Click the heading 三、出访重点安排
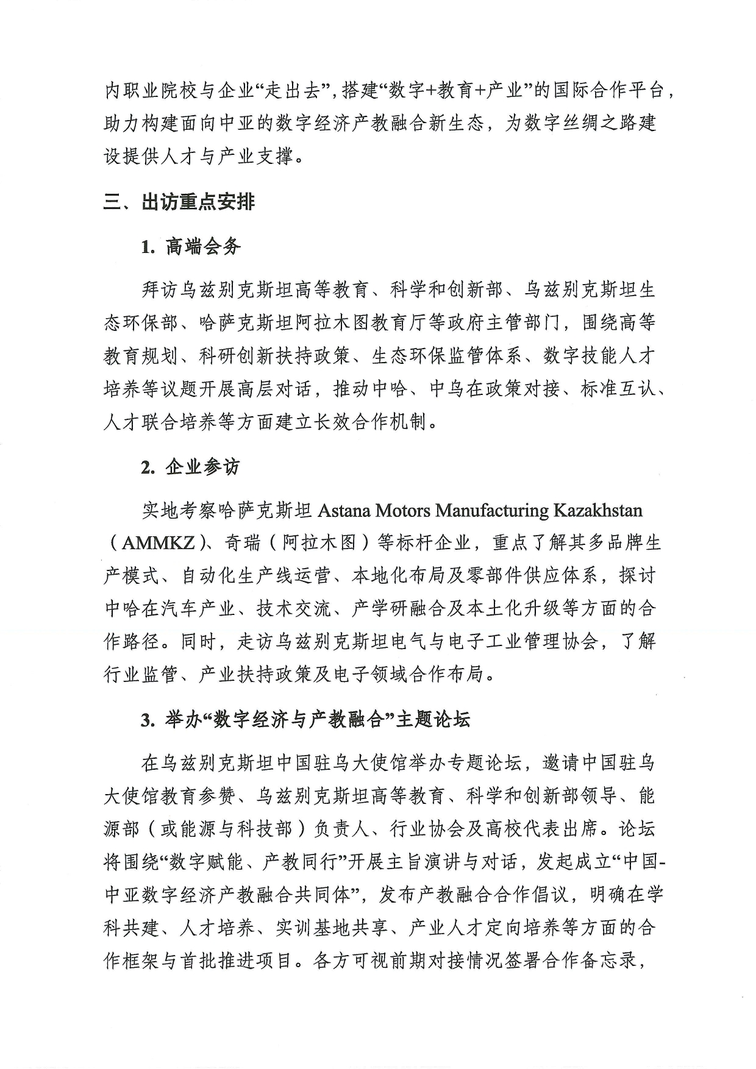click(179, 202)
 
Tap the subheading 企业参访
click(202, 467)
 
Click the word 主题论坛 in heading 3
click(433, 720)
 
